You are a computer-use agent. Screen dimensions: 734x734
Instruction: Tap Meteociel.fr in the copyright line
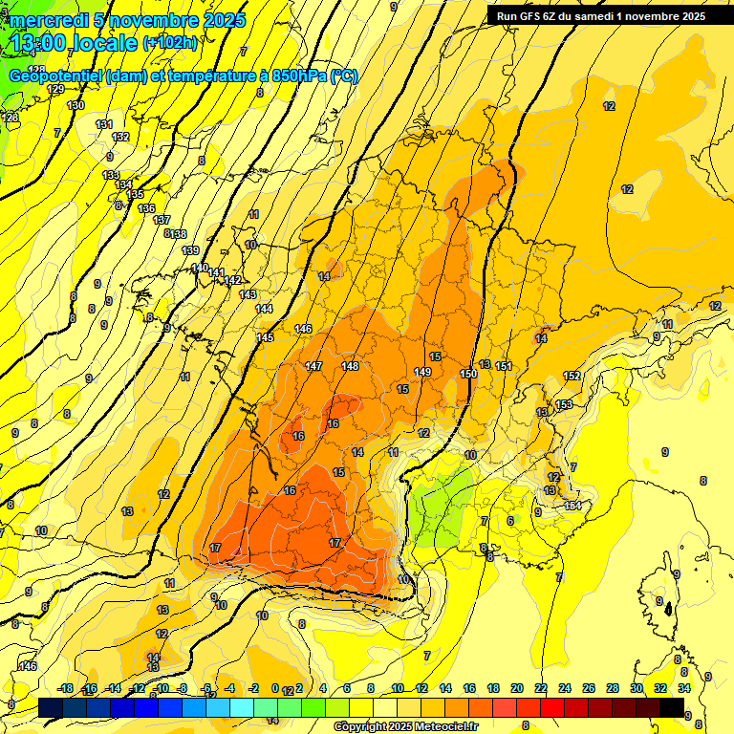443,727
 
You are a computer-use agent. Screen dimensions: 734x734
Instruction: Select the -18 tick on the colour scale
65,689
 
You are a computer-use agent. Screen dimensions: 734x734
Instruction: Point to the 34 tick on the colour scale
684,689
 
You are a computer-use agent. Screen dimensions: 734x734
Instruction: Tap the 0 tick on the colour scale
274,689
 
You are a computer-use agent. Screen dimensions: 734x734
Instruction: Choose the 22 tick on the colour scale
541,689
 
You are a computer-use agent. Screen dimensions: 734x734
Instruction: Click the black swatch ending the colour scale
672,707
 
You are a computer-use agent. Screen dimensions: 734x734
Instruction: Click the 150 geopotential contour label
468,374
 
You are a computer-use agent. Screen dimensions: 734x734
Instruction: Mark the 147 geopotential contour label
313,367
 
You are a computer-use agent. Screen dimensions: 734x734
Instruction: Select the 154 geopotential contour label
572,506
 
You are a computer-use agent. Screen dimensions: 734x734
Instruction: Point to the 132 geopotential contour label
120,137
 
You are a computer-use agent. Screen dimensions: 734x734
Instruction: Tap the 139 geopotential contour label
190,250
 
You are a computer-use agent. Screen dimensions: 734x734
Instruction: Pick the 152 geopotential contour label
572,376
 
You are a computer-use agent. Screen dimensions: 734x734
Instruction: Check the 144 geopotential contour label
264,309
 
